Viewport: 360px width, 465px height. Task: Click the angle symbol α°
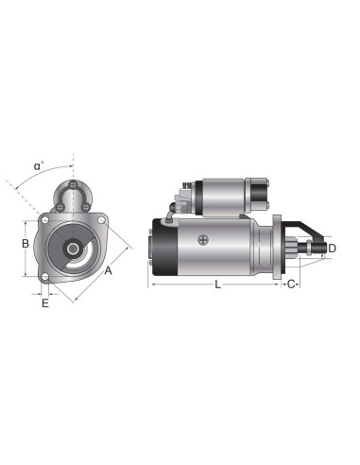click(x=38, y=166)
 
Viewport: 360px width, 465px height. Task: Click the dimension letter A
click(x=109, y=271)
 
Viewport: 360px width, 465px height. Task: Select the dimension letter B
click(x=26, y=243)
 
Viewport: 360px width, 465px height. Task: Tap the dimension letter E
click(x=43, y=304)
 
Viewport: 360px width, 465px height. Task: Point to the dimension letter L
click(x=217, y=284)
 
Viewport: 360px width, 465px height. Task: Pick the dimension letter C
click(x=291, y=284)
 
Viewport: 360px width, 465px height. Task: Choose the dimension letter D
click(x=332, y=250)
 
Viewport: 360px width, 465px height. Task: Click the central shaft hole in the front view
click(x=72, y=249)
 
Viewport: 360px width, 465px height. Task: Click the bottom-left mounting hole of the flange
click(x=44, y=276)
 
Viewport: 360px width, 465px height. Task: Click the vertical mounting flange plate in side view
click(x=277, y=249)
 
